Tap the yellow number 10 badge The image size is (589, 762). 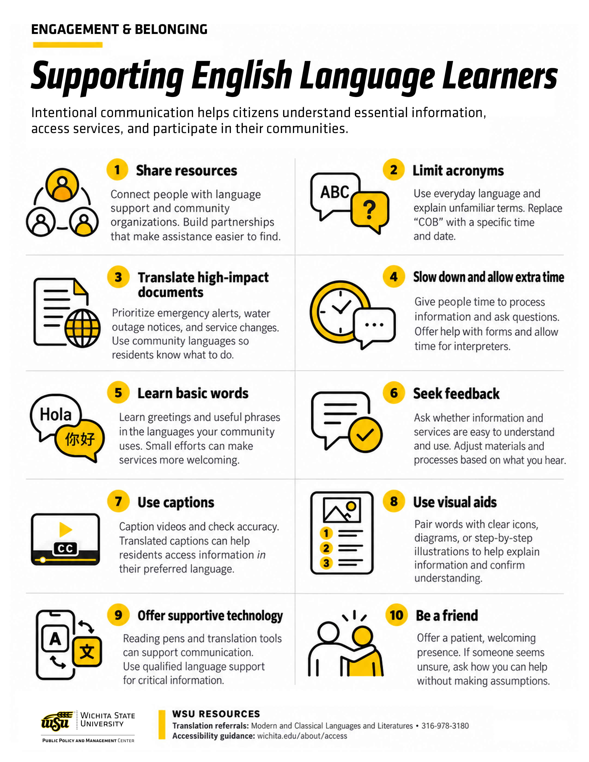[x=396, y=615]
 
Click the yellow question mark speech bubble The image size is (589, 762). [x=370, y=210]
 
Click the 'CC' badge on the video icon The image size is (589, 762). [x=65, y=548]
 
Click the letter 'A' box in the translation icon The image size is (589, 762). [x=55, y=639]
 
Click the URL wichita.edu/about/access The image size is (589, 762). [x=302, y=736]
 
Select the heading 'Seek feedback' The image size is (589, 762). [x=456, y=393]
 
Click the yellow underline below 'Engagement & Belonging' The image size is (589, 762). [x=68, y=45]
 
